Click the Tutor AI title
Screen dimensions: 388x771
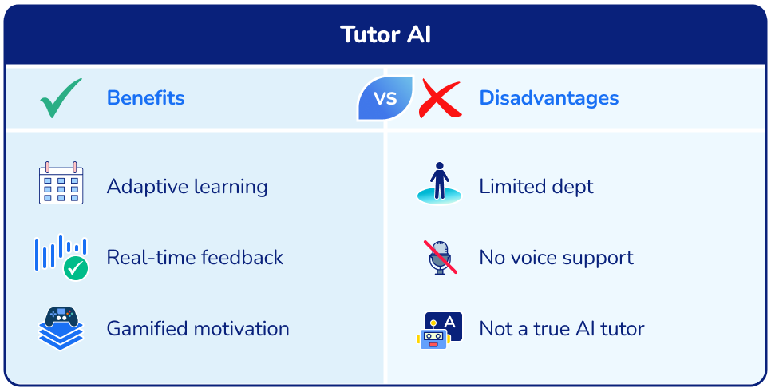[x=385, y=35]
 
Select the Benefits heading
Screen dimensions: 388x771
[x=145, y=98]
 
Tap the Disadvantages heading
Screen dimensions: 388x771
[x=548, y=98]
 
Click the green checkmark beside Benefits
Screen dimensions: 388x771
[x=61, y=98]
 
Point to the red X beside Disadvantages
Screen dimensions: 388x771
[x=440, y=99]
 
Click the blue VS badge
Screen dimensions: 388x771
[x=385, y=98]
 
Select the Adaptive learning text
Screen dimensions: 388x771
[x=187, y=187]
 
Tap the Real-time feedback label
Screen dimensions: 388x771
[x=195, y=258]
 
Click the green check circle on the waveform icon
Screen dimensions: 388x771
[x=76, y=268]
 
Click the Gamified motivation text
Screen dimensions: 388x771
[x=198, y=328]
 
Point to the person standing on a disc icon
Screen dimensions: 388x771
[x=439, y=183]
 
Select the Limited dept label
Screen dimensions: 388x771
[x=536, y=187]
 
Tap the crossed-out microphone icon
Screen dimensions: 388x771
[x=439, y=257]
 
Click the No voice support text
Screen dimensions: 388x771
[x=556, y=258]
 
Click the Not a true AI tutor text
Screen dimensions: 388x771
[x=561, y=328]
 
